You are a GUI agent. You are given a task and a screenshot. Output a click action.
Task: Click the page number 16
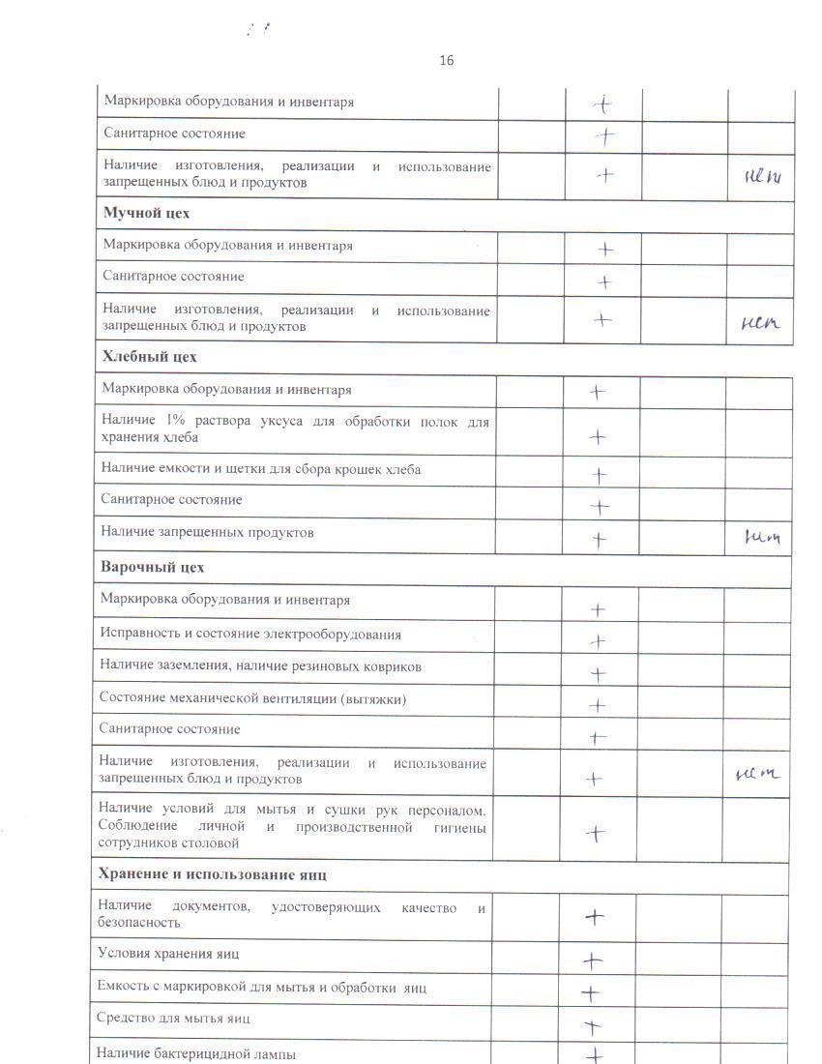pyautogui.click(x=446, y=61)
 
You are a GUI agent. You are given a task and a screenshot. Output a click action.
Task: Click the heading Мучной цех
pyautogui.click(x=146, y=213)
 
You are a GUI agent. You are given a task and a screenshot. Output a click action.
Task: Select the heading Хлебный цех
pyautogui.click(x=149, y=357)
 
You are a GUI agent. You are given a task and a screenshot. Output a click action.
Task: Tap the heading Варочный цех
pyautogui.click(x=152, y=567)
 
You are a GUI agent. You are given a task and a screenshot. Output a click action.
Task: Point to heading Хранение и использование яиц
pyautogui.click(x=212, y=874)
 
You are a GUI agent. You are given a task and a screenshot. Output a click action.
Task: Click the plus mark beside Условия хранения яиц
pyautogui.click(x=593, y=961)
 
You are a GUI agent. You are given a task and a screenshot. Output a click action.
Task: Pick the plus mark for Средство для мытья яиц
pyautogui.click(x=593, y=1025)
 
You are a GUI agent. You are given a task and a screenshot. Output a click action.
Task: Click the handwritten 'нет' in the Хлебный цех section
pyautogui.click(x=760, y=537)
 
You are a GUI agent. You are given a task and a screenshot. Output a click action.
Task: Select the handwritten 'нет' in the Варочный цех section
pyautogui.click(x=757, y=774)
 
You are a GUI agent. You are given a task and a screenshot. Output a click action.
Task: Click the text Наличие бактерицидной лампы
pyautogui.click(x=196, y=1053)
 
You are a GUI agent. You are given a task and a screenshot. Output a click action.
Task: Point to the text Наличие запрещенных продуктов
pyautogui.click(x=207, y=532)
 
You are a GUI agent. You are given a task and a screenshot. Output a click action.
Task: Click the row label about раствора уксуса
pyautogui.click(x=295, y=429)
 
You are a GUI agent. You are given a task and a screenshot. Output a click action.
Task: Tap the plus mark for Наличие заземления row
pyautogui.click(x=598, y=674)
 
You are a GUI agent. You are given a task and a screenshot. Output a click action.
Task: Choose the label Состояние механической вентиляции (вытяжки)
pyautogui.click(x=252, y=698)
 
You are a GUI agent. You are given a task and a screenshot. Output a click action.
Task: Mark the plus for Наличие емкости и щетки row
pyautogui.click(x=599, y=475)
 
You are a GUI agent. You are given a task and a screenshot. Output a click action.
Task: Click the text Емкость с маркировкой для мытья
pyautogui.click(x=262, y=988)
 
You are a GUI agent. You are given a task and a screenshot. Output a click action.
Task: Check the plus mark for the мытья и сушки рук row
pyautogui.click(x=597, y=833)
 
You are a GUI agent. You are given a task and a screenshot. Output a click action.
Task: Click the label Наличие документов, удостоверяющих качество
pyautogui.click(x=291, y=914)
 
